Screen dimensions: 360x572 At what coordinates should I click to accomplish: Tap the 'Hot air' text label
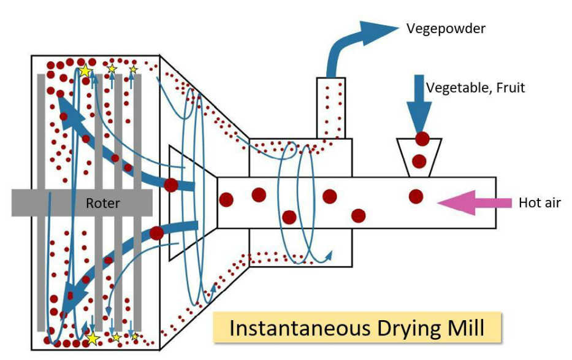[540, 203]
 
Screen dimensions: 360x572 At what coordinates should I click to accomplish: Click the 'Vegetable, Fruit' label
[475, 88]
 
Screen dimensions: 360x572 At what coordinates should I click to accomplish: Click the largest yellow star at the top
[85, 71]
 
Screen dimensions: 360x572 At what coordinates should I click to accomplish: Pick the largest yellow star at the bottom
[93, 337]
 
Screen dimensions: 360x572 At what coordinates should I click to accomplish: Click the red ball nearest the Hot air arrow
[416, 196]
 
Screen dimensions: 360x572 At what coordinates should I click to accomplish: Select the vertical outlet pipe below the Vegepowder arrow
[332, 108]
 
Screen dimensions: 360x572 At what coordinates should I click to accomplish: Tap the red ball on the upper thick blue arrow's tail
[170, 184]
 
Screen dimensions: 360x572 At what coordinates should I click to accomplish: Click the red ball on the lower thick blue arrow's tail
[157, 233]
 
